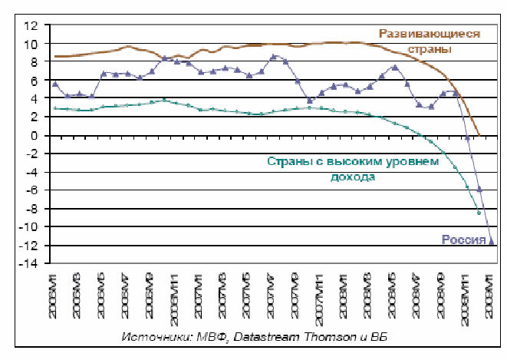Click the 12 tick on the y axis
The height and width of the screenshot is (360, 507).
(x=31, y=25)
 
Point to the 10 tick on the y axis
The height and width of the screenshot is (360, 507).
(x=31, y=44)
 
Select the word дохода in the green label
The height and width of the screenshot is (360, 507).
(x=353, y=177)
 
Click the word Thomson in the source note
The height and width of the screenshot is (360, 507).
(x=325, y=338)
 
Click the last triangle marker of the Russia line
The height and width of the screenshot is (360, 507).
(x=492, y=242)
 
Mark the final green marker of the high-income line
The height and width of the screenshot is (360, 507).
(x=479, y=212)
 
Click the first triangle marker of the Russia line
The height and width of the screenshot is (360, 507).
(x=55, y=84)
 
